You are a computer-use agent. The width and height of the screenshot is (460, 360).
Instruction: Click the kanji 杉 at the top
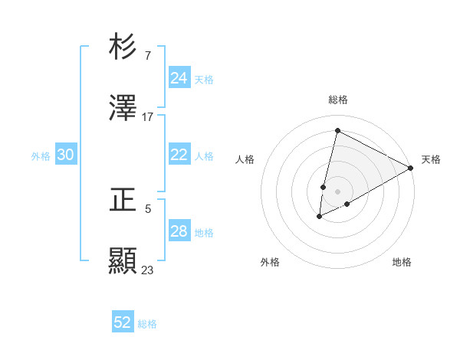coord(123,47)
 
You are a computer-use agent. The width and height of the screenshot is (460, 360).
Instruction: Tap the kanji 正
coord(123,200)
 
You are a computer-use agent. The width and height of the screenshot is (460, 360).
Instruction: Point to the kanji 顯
coord(123,260)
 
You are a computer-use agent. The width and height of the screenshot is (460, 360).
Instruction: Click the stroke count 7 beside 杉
coord(148,56)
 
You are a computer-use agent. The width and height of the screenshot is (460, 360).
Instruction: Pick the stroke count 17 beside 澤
coord(148,116)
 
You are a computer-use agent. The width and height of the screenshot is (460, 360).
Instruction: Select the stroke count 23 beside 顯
coord(148,270)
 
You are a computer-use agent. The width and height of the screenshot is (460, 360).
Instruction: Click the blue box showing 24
coord(179,78)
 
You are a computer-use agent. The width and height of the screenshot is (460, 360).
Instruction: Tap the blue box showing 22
coord(179,155)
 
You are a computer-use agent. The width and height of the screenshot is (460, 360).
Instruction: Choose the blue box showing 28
coord(179,231)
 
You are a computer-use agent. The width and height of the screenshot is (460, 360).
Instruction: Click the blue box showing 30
coord(66,155)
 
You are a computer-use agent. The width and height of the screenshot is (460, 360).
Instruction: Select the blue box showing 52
coord(123,322)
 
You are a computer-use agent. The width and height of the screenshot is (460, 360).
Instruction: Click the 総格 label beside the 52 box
coord(147,324)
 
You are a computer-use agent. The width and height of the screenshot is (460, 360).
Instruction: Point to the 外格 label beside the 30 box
coord(41,156)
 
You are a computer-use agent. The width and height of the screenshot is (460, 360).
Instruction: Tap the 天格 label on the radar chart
coord(431,159)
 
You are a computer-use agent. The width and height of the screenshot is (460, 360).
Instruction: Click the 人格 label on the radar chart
coord(245,159)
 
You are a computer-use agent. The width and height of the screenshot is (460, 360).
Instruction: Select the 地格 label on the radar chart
coord(402,262)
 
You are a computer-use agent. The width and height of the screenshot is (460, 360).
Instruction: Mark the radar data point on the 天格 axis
coord(411,168)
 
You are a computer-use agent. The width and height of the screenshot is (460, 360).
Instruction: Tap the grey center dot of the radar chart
coord(337,191)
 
